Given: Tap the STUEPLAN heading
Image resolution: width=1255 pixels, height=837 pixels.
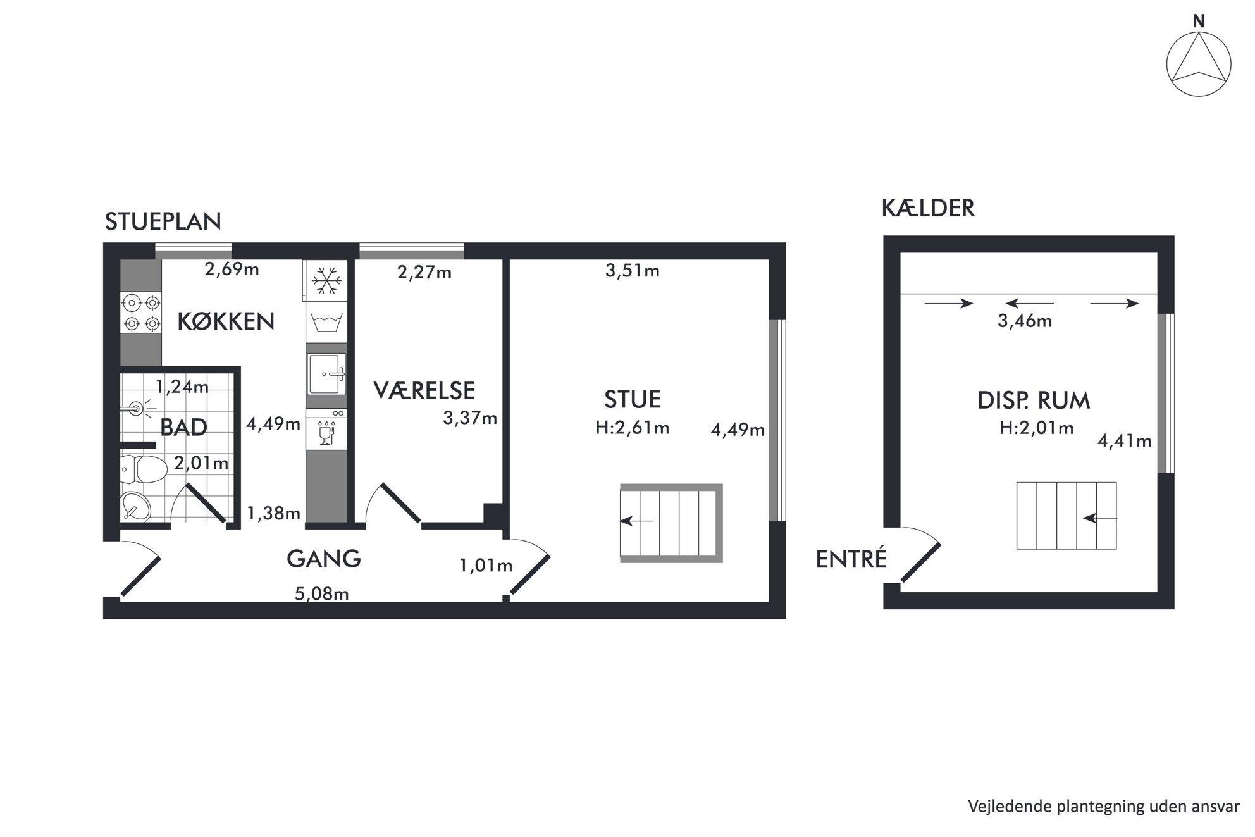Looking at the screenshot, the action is point(163,221).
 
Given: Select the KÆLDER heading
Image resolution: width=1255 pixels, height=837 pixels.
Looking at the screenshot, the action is point(928,208).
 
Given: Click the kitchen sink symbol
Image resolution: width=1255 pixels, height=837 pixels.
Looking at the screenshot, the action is point(326,374).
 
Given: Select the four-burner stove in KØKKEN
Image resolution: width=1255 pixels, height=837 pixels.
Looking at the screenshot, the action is point(141,313).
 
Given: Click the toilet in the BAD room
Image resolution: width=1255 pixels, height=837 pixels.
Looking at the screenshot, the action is point(144,468).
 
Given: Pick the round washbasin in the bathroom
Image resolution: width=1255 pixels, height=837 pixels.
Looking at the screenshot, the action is point(135,505).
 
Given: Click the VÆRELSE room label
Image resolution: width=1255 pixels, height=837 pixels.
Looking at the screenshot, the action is point(424,390).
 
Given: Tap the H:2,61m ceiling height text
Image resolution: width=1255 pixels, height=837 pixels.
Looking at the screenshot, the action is point(632,428).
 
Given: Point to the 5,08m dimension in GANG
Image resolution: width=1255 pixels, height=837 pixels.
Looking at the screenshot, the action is point(322,593).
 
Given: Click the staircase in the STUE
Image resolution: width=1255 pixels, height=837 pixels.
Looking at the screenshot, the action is point(671,523).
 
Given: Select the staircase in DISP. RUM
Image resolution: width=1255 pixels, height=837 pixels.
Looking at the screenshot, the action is point(1066,516).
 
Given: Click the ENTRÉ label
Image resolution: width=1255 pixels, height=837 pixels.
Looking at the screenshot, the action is point(851,559).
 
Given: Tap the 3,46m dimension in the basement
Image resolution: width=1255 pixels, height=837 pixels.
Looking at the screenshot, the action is point(1025,321).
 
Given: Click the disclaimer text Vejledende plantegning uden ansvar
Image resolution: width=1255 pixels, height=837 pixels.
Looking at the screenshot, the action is point(1104,807).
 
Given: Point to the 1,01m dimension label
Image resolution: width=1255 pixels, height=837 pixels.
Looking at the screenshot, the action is point(486,565).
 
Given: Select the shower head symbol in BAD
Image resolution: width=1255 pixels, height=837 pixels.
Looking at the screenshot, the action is point(137,408).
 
